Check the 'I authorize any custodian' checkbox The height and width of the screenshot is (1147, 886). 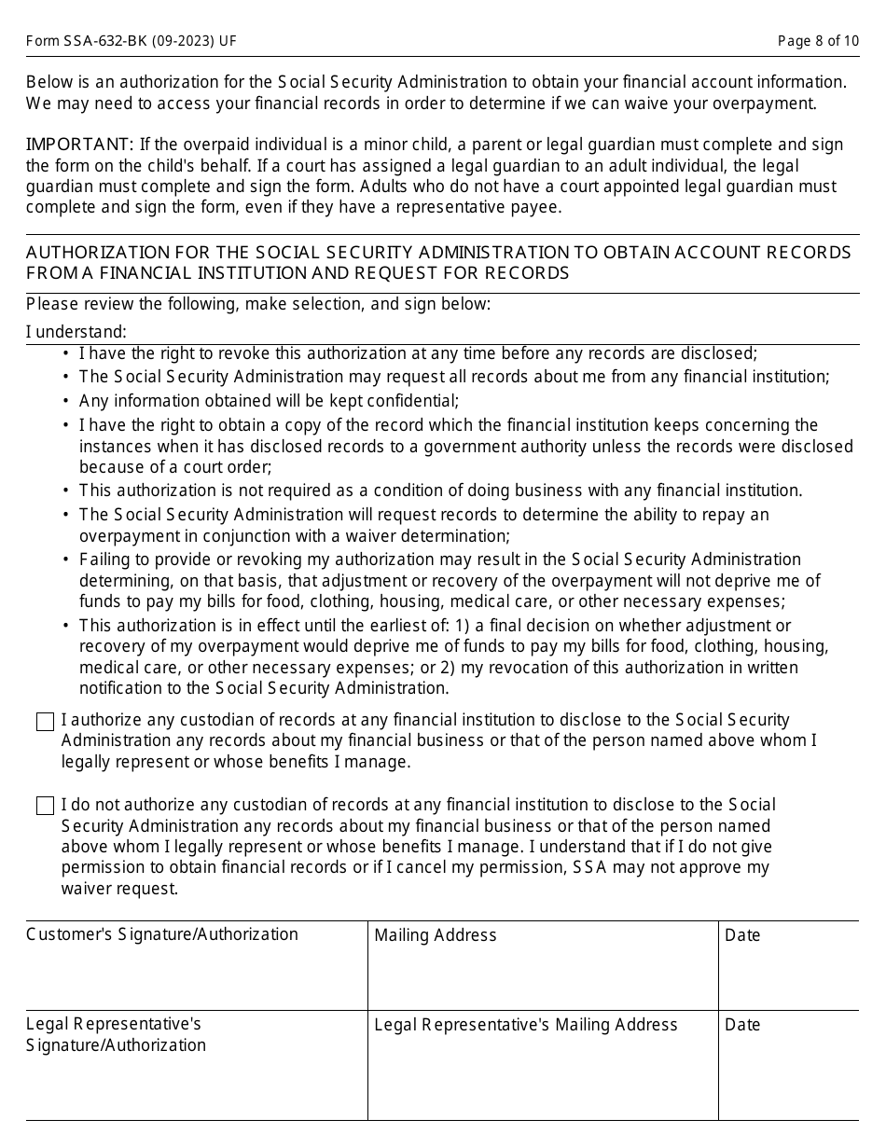[45, 722]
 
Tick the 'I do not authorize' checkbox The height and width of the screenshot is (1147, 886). [45, 806]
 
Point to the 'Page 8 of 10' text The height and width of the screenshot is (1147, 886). [818, 42]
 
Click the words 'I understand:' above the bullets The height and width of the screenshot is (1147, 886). [76, 332]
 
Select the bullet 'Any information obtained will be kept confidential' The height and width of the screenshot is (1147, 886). [269, 401]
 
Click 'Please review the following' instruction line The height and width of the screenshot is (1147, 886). [257, 304]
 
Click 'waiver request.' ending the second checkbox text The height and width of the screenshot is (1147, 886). [119, 889]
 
